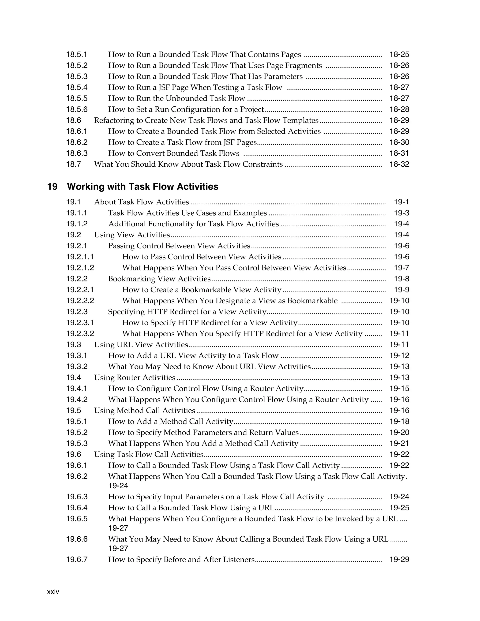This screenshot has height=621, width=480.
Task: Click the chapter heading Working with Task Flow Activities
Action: [x=142, y=187]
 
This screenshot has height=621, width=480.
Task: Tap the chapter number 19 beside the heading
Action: [x=52, y=187]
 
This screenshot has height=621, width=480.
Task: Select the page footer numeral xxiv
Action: [x=53, y=592]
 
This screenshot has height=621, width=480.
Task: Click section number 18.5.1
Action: [x=77, y=54]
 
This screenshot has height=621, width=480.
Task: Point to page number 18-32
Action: [x=399, y=164]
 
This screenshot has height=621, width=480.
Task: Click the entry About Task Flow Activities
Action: [x=141, y=202]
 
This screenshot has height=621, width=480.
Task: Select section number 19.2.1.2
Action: [x=80, y=268]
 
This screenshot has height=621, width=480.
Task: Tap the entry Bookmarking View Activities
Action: [x=159, y=279]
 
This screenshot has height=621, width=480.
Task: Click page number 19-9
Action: [x=401, y=290]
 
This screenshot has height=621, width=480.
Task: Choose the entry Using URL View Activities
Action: [x=141, y=345]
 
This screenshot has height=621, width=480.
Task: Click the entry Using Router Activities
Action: [x=135, y=378]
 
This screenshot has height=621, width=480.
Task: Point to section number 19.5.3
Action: [x=77, y=444]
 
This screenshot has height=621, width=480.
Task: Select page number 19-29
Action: [x=399, y=560]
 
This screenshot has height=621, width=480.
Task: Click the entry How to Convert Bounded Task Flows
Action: [x=174, y=153]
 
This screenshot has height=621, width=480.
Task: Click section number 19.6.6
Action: [x=77, y=539]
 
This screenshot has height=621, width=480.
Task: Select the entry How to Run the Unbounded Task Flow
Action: [x=176, y=98]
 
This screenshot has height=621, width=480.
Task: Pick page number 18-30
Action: [x=399, y=142]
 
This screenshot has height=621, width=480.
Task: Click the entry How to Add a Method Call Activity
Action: [x=171, y=421]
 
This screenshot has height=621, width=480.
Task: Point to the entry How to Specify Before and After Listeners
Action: [x=181, y=560]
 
